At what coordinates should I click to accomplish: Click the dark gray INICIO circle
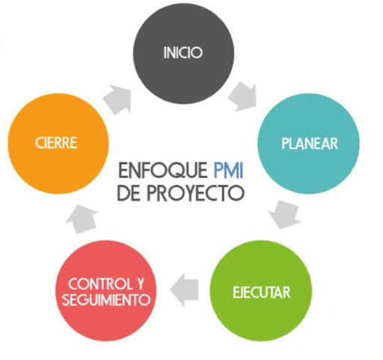point(183,53)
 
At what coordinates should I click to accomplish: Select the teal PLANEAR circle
point(308,144)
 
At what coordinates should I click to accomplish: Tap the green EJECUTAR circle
point(261,290)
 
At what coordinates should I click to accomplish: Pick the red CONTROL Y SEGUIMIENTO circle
point(106,290)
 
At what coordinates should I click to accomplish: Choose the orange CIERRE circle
point(58,144)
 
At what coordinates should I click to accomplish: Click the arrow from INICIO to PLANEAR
point(243,97)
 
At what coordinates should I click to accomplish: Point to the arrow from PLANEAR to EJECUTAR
point(285,214)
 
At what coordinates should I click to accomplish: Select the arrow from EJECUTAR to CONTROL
point(185,290)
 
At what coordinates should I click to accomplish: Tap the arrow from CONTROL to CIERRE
point(82,219)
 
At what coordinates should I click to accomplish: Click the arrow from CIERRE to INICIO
point(117,100)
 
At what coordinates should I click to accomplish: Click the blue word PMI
point(228,170)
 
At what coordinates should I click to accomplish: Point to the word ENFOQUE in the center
point(163,170)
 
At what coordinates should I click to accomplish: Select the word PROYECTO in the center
point(195,193)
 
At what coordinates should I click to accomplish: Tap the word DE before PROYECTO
point(129,193)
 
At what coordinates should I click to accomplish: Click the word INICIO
point(183,52)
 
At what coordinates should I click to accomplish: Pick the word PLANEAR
point(310,144)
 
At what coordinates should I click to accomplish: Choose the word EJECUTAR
point(262,292)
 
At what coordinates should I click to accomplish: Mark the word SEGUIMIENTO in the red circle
point(106,299)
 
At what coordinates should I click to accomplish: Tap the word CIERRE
point(56,143)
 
